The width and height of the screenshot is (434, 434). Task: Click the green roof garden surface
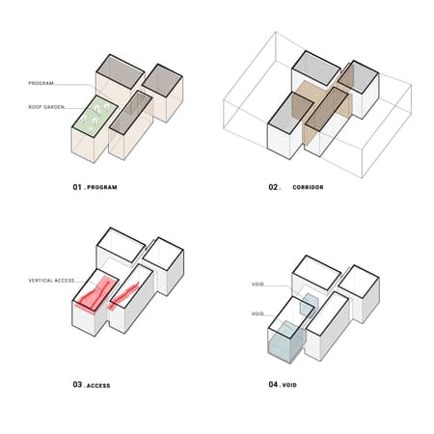click(95, 116)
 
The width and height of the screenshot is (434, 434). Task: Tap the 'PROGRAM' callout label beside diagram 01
click(41, 83)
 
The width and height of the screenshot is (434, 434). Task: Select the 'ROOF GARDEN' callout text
click(46, 107)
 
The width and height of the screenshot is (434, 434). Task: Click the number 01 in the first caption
click(77, 187)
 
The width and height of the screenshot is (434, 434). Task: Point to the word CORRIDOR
click(308, 187)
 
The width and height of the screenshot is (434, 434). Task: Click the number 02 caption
click(274, 187)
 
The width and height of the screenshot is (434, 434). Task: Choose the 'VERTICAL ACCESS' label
click(51, 281)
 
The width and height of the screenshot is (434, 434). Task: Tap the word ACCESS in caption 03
click(98, 385)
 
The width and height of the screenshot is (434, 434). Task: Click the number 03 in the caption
click(77, 384)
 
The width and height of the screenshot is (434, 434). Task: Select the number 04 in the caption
click(273, 384)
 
